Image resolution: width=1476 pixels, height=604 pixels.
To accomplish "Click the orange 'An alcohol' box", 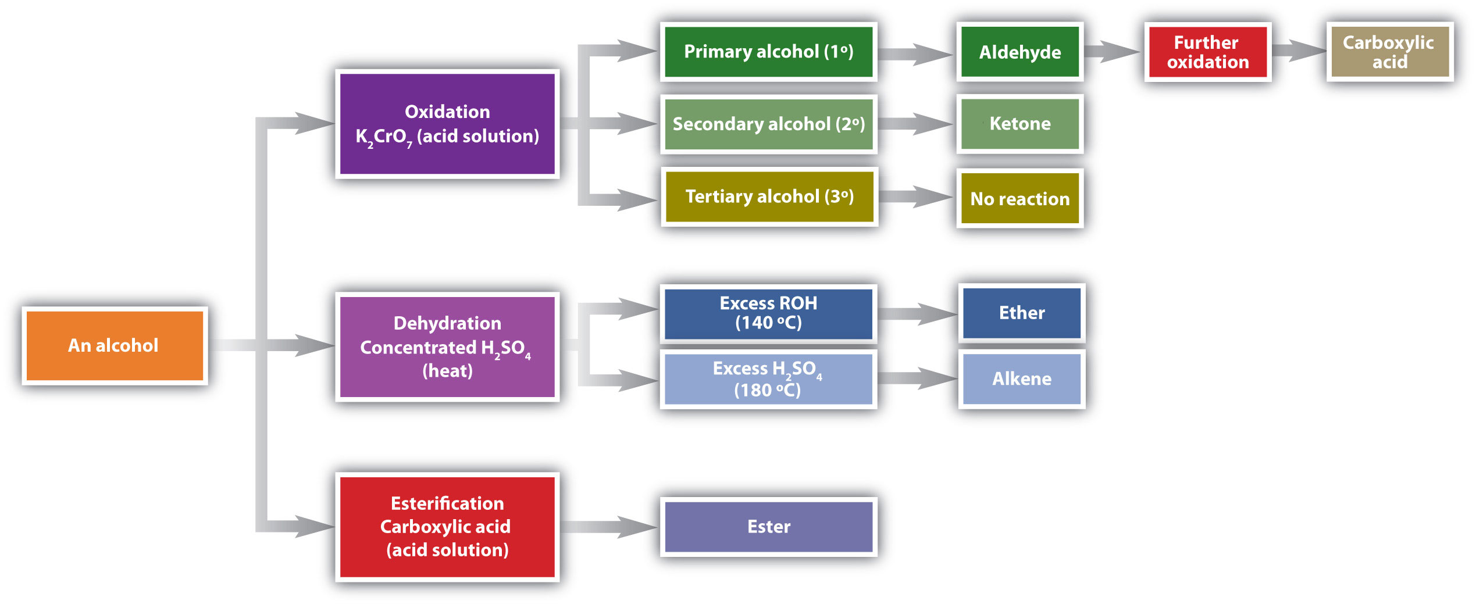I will click(115, 345).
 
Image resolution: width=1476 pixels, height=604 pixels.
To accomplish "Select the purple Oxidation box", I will click(447, 124).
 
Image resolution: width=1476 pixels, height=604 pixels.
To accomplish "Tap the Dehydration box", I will click(447, 346).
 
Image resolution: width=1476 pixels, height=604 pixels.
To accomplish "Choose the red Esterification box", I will click(447, 527).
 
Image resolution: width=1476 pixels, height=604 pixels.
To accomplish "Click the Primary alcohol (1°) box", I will click(768, 52).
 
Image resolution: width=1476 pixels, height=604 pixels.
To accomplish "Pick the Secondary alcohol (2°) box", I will click(768, 124).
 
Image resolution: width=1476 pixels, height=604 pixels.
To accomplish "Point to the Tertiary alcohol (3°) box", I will click(769, 196).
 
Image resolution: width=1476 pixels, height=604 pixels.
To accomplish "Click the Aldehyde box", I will click(1019, 52).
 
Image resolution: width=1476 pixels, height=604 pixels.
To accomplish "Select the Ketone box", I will click(1019, 124).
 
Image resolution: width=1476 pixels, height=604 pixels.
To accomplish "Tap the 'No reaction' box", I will click(1019, 198).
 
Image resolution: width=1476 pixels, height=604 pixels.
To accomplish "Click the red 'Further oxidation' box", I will click(1207, 52).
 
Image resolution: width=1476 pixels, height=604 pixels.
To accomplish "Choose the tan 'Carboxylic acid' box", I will click(1389, 52).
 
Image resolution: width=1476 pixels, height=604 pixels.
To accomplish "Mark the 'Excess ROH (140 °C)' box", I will click(768, 313).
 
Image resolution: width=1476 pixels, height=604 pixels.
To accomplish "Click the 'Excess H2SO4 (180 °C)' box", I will click(768, 379).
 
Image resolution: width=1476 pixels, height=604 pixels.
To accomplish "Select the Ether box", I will click(1021, 313).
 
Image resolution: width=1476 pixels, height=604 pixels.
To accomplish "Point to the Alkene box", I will click(1021, 379).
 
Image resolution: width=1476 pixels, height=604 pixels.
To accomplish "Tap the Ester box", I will click(768, 527).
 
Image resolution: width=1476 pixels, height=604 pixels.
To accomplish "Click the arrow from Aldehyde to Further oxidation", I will click(1112, 51).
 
